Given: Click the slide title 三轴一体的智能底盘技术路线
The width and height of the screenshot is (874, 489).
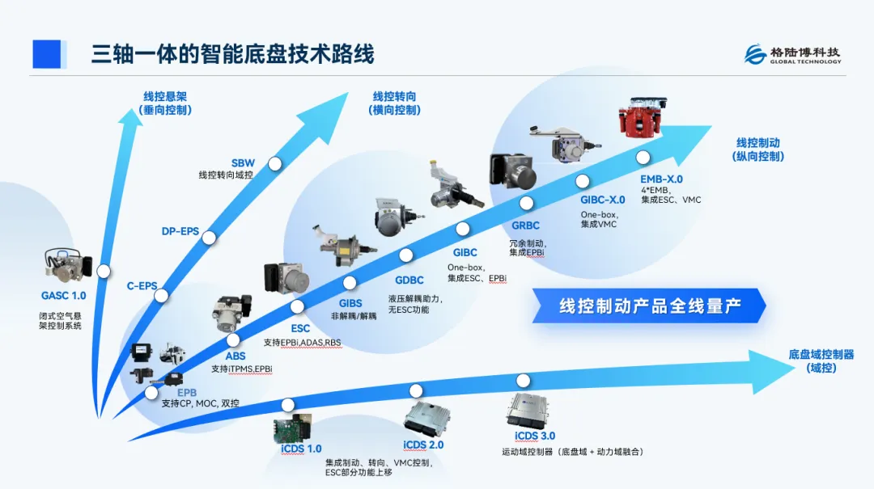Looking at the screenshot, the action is click(232, 55).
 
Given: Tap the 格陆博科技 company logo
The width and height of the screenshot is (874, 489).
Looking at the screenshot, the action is click(792, 55).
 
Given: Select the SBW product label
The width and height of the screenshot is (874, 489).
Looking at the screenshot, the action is click(243, 163).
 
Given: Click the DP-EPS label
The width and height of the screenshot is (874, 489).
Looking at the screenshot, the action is click(180, 232).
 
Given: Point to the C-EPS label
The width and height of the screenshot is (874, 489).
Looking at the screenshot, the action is click(142, 285).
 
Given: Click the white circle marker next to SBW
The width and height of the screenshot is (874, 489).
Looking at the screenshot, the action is click(275, 163).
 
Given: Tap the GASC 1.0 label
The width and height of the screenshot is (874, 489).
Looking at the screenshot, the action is click(63, 296).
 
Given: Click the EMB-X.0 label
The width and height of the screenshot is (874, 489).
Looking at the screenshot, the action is click(661, 179).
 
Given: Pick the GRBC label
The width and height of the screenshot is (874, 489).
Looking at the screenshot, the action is click(525, 226).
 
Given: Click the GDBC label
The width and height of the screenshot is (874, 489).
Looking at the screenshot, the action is click(409, 280).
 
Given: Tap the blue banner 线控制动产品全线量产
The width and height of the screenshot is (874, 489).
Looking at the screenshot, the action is click(651, 306).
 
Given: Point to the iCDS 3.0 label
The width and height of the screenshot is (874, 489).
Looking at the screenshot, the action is click(535, 436).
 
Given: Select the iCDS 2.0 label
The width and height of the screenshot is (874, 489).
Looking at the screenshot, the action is click(423, 445).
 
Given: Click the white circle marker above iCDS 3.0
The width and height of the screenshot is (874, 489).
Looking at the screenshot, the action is click(523, 381).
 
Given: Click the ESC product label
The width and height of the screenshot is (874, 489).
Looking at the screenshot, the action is click(300, 329).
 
